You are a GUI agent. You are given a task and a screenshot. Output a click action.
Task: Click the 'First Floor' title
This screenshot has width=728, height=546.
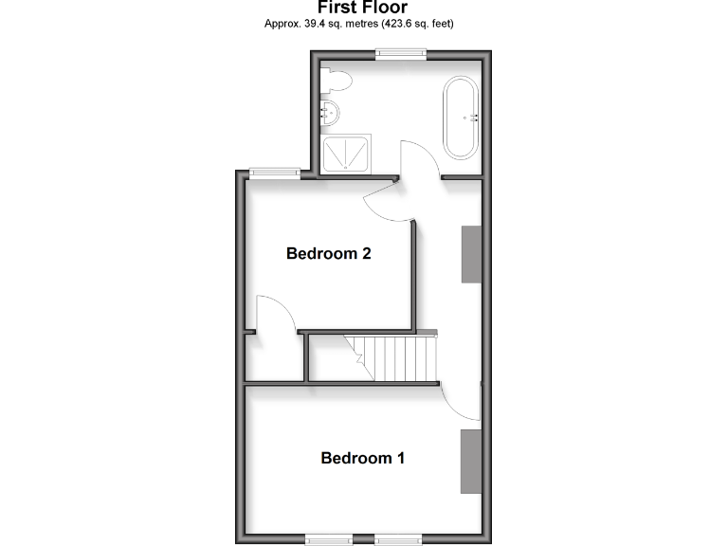363,9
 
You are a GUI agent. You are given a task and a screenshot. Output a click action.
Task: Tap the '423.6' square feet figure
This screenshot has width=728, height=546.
399,24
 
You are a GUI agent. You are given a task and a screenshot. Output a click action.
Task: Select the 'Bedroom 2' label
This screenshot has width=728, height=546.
328,253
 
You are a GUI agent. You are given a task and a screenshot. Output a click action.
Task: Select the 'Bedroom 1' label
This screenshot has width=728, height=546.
363,458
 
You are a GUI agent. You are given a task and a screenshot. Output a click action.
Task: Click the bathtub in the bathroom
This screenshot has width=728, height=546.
461,118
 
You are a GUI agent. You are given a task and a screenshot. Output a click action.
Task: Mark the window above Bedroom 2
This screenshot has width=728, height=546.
275,173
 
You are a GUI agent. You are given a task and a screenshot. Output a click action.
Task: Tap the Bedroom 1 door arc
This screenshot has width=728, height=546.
463,401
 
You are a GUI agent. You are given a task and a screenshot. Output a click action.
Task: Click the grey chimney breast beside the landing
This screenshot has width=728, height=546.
471,254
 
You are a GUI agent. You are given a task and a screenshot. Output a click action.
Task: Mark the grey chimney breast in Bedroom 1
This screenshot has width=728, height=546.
471,461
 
